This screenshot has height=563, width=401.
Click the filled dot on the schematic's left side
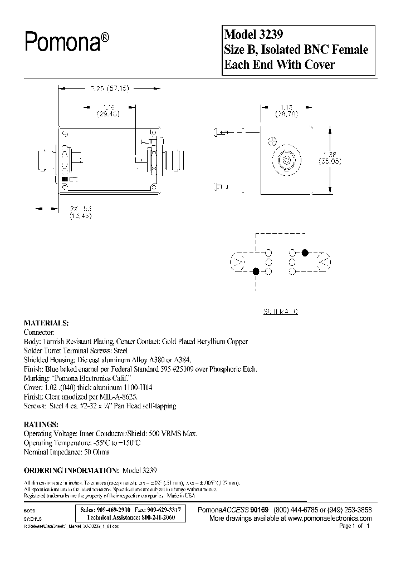256,271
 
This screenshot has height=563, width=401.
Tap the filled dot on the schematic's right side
305,253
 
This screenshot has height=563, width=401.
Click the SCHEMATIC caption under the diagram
280,312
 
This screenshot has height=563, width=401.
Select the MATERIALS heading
46,323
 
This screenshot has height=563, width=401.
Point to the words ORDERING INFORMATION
69,468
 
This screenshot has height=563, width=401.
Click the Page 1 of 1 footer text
354,526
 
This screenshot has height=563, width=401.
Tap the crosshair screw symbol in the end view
272,140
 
